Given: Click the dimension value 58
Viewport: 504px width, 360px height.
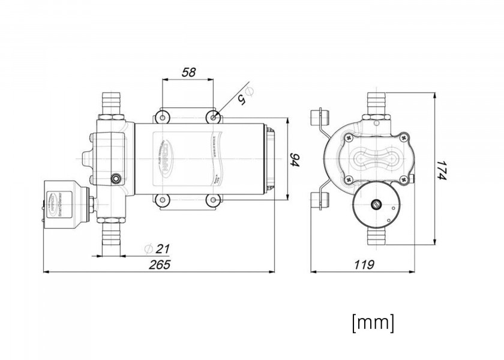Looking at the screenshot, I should click(x=188, y=73).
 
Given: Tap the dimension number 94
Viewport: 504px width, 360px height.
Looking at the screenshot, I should click(x=295, y=160).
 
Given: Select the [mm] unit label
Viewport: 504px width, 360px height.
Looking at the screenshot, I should click(x=373, y=322).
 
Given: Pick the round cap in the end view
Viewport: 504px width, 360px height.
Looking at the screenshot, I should click(x=376, y=205).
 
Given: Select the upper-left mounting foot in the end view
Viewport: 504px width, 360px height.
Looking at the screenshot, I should click(x=318, y=121).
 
